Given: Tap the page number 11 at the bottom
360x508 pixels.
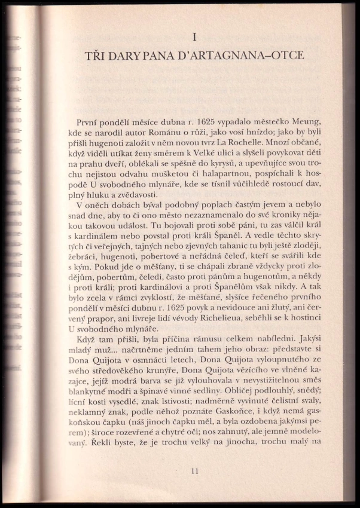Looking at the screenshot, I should (x=195, y=471).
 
